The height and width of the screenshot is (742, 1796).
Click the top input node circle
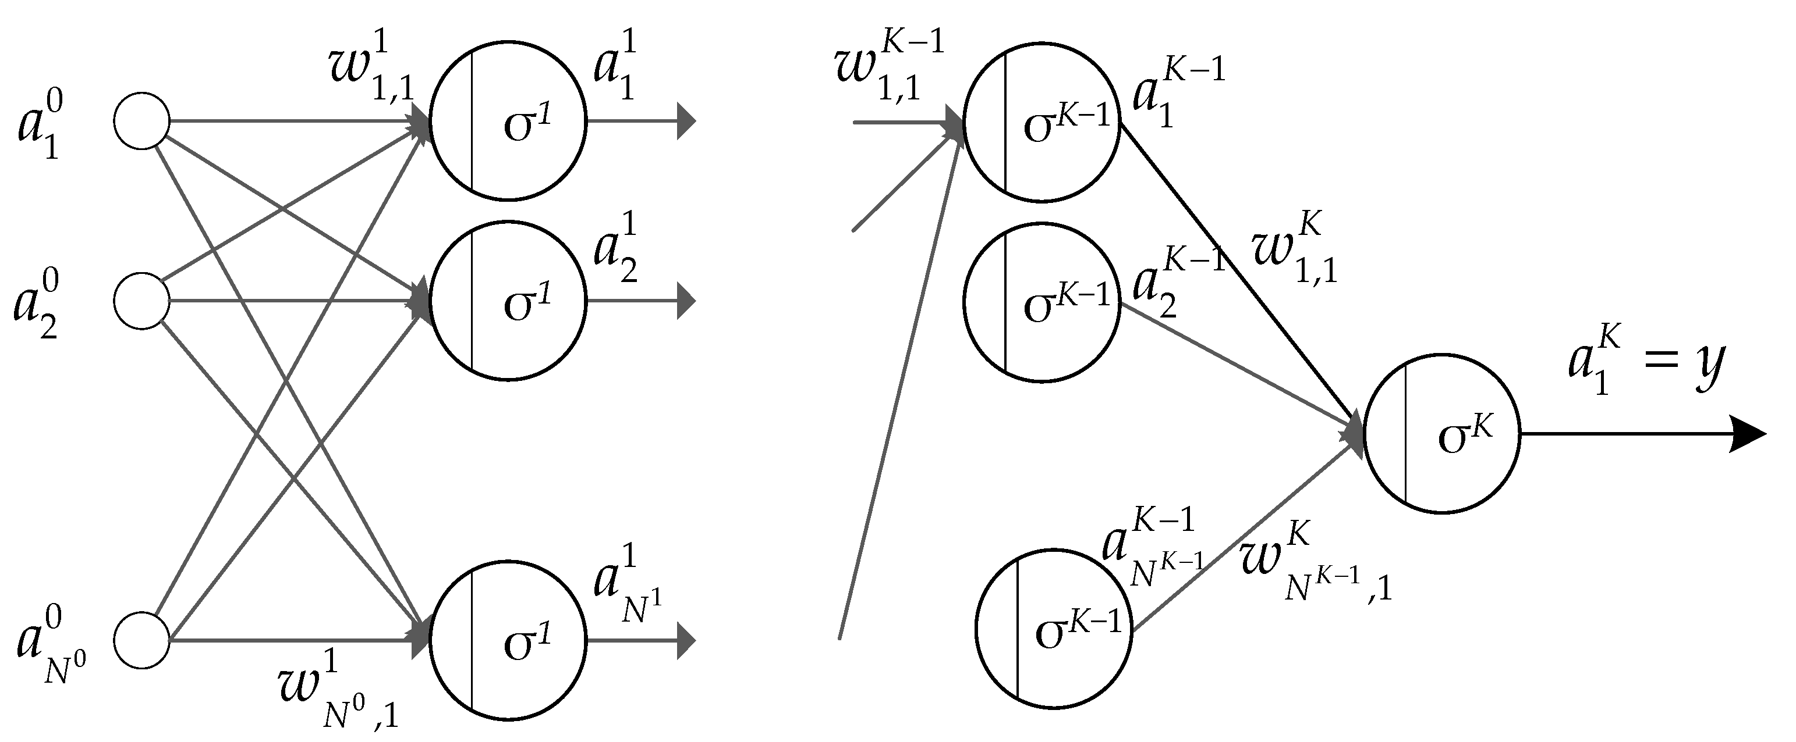coord(141,120)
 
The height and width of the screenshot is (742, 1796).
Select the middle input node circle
coord(141,301)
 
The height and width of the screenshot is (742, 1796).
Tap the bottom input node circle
coord(141,640)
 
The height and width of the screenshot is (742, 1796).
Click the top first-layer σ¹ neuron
coord(508,122)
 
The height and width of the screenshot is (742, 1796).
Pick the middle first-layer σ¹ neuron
coord(508,301)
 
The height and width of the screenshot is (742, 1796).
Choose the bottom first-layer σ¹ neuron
coord(508,640)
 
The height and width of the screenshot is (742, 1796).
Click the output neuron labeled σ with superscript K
coord(1441,435)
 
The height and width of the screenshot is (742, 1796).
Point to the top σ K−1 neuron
coord(1042,123)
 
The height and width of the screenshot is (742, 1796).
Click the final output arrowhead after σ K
coord(1749,435)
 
